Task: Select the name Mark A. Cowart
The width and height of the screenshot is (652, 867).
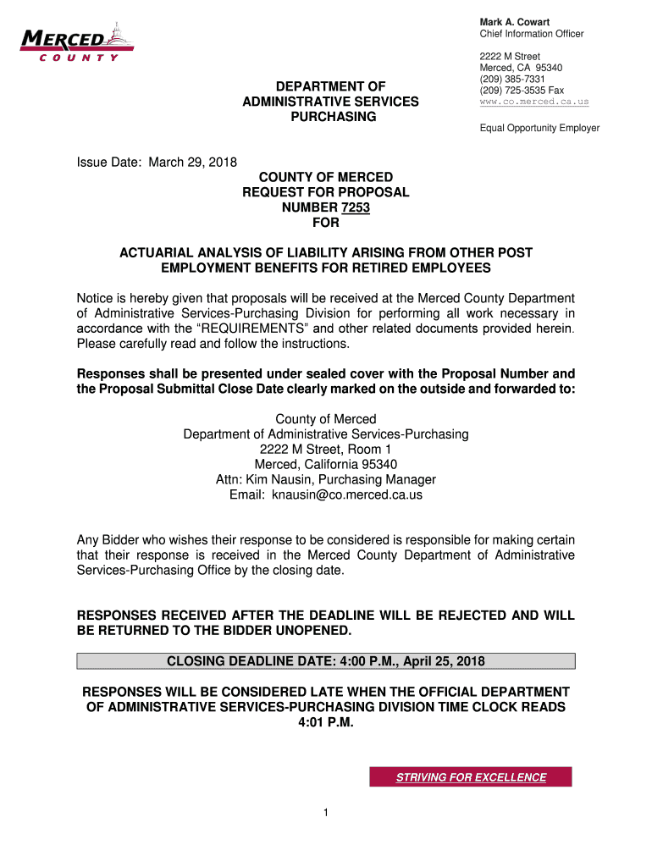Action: pyautogui.click(x=515, y=21)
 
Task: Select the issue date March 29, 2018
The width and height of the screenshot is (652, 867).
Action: pyautogui.click(x=193, y=162)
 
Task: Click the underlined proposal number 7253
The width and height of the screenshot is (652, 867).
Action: pyautogui.click(x=354, y=207)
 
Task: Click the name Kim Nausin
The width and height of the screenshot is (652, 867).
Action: pyautogui.click(x=285, y=479)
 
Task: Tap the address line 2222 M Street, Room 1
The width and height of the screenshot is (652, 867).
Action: pyautogui.click(x=326, y=449)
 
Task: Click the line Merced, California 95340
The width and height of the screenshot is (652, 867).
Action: pyautogui.click(x=326, y=464)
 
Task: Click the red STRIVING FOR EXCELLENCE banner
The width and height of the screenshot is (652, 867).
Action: pyautogui.click(x=471, y=777)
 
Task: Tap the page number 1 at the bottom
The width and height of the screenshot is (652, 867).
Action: pyautogui.click(x=325, y=814)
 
